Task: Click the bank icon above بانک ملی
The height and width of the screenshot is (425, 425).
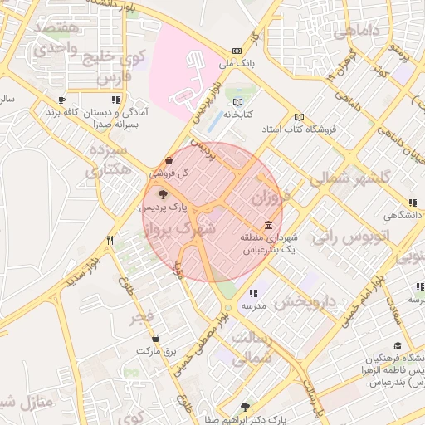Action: tap(238, 50)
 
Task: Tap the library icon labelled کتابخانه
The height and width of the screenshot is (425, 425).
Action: tap(239, 100)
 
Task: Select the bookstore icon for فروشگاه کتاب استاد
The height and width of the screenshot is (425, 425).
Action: tap(300, 118)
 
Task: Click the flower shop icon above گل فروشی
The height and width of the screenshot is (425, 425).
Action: tap(169, 160)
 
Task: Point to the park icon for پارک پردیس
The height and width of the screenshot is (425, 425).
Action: tap(162, 193)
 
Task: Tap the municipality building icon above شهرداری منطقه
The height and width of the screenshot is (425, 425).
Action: tap(268, 226)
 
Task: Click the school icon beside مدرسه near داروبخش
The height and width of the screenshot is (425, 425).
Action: tap(253, 293)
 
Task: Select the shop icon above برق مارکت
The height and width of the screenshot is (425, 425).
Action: tap(156, 338)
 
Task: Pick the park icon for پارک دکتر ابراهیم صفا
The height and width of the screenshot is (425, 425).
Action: tap(243, 407)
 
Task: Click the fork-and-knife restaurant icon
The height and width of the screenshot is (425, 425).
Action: tap(110, 240)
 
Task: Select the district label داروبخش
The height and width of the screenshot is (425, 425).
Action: tap(305, 300)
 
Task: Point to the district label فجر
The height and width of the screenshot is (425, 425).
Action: tap(142, 318)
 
